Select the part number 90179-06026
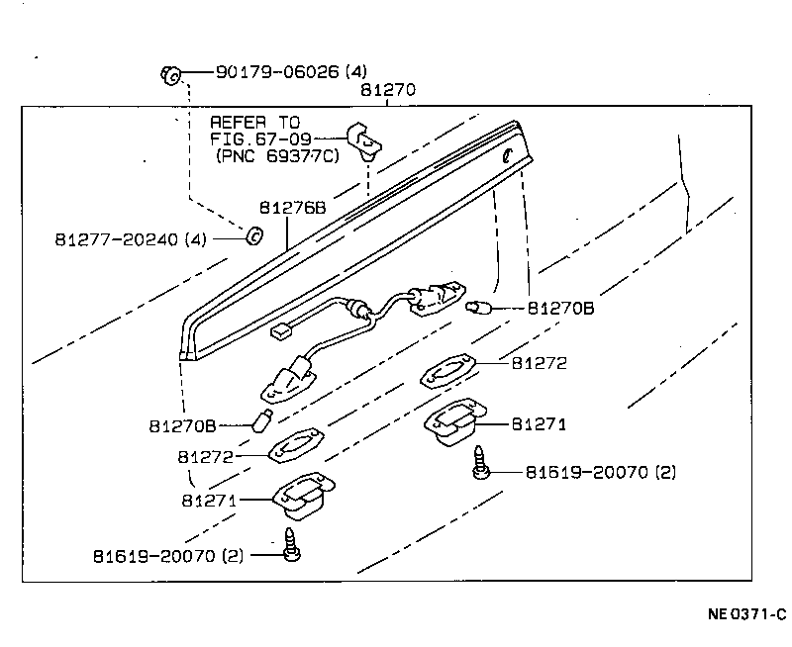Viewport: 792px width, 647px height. [278, 72]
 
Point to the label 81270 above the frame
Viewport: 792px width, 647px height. [387, 90]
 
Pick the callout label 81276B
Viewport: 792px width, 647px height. [292, 208]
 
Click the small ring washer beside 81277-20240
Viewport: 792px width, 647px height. [252, 236]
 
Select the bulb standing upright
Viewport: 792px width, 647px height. [264, 420]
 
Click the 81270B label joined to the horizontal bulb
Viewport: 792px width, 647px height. [559, 308]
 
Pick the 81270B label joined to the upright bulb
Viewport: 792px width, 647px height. [182, 426]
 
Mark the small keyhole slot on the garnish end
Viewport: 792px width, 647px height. [506, 155]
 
